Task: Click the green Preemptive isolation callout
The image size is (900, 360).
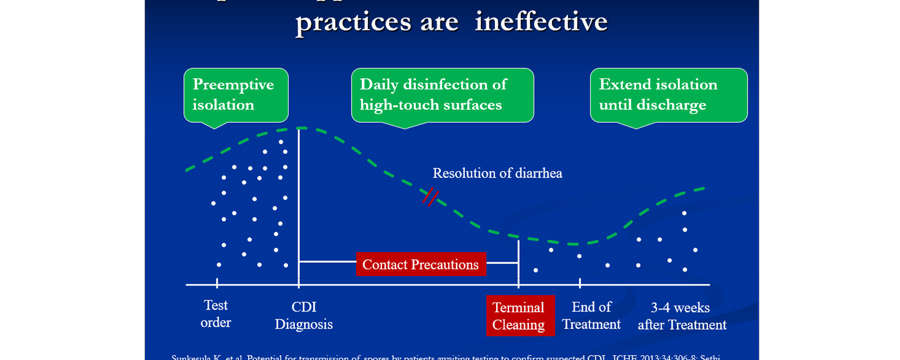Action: coord(236,94)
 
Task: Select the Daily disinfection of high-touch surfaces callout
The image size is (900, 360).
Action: coord(442,94)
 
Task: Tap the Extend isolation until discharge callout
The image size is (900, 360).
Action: coord(668,94)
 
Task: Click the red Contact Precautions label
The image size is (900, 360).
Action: coord(421,264)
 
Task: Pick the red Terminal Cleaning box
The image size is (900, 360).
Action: coord(520,316)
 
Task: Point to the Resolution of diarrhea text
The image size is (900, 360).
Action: coord(497,173)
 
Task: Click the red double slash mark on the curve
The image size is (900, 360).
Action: coord(430,196)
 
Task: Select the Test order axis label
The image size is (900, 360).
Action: coord(216,313)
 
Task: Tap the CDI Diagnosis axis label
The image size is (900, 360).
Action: coord(304,316)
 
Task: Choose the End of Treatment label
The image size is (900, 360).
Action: coord(591,316)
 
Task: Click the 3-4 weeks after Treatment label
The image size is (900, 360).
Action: coord(682,316)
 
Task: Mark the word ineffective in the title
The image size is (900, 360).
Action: coord(541,22)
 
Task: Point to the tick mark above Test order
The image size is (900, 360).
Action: coord(217,283)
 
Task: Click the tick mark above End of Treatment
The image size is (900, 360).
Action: coord(580,283)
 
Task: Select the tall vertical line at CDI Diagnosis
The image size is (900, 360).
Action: coord(299,208)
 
